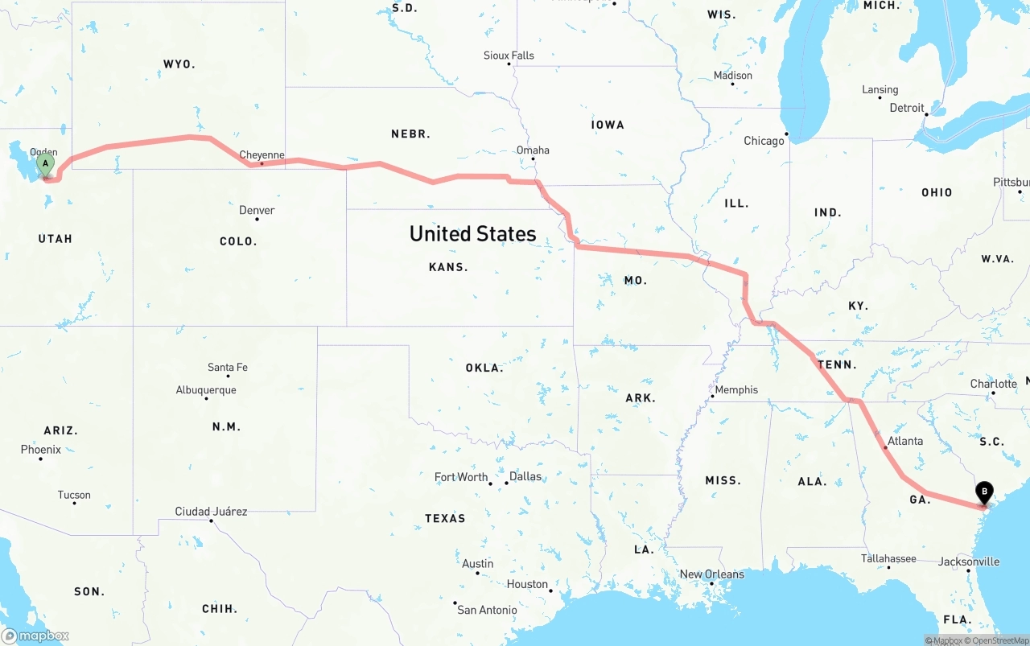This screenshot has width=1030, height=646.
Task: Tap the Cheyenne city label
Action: click(x=262, y=155)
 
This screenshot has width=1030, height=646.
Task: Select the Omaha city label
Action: click(x=533, y=150)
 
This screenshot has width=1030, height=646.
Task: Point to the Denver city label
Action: click(x=257, y=211)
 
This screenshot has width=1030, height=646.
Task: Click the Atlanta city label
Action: click(x=905, y=441)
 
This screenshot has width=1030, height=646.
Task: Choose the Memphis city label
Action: click(x=736, y=390)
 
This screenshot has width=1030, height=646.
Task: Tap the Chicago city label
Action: click(x=764, y=141)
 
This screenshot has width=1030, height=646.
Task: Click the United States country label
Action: click(x=472, y=234)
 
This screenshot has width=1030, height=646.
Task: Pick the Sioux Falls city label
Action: click(x=509, y=56)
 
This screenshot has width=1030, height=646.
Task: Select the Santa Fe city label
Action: click(x=228, y=368)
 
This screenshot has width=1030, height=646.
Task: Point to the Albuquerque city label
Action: click(x=206, y=390)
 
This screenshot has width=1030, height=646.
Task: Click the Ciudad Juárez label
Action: click(x=211, y=512)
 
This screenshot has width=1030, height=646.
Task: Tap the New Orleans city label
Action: click(x=712, y=574)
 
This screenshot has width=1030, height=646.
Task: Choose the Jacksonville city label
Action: click(x=969, y=562)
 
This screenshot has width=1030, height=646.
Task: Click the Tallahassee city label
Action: click(x=888, y=558)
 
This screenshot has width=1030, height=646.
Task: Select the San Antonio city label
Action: click(x=487, y=610)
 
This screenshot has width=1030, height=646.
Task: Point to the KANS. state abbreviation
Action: click(x=448, y=267)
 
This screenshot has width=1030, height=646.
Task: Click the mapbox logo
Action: click(x=35, y=636)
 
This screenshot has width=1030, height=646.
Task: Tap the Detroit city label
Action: click(x=907, y=108)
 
